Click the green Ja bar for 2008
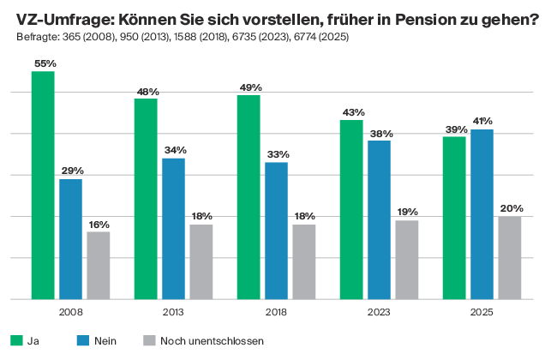[43, 184]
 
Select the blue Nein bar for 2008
[70, 238]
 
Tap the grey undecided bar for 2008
[98, 265]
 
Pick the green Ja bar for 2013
[146, 198]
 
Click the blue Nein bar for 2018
[276, 230]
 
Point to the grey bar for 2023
[406, 260]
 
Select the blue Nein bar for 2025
[482, 213]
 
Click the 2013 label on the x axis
[173, 313]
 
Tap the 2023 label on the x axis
[379, 313]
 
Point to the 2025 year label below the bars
[482, 313]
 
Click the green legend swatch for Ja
[15, 340]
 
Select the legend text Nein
[105, 340]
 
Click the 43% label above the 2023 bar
[352, 112]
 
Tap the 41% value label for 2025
[482, 122]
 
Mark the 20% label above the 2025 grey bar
[509, 208]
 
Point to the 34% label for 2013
[174, 150]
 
